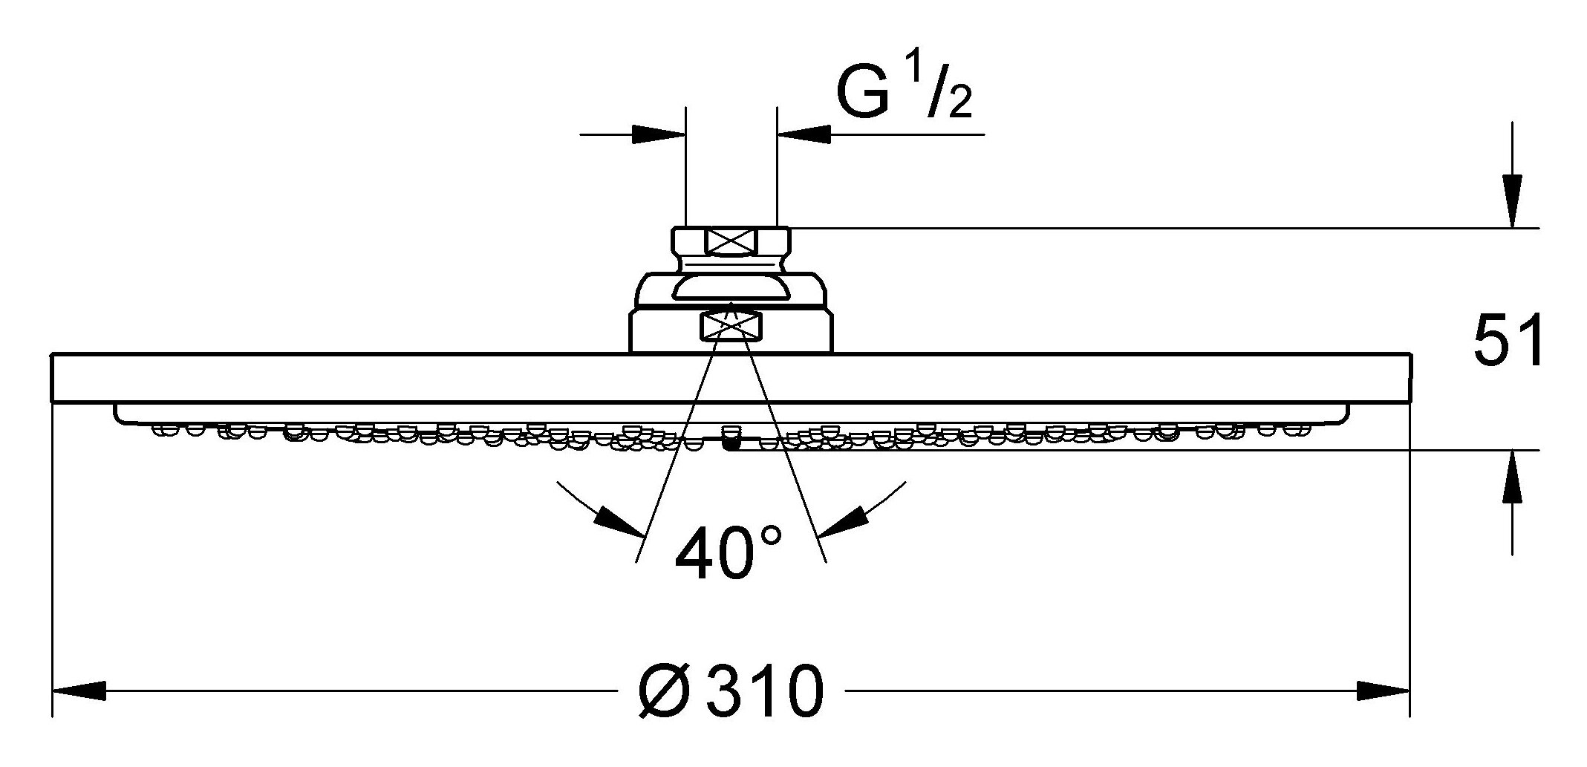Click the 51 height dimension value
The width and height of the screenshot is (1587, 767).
pos(1508,341)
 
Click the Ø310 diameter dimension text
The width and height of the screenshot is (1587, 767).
pos(731,691)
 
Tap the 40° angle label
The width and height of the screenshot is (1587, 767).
pos(728,552)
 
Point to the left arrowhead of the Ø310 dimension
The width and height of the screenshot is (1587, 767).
pos(78,691)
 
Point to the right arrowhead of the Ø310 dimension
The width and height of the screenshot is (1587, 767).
pos(1384,691)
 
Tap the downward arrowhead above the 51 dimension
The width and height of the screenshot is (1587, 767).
pos(1511,200)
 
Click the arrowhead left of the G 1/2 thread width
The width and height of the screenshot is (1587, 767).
pos(658,135)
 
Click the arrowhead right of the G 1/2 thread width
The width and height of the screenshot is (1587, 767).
pos(804,135)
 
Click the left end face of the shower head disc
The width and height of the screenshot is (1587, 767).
pos(53,379)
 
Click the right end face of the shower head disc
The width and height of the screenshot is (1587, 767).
pos(1409,379)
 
